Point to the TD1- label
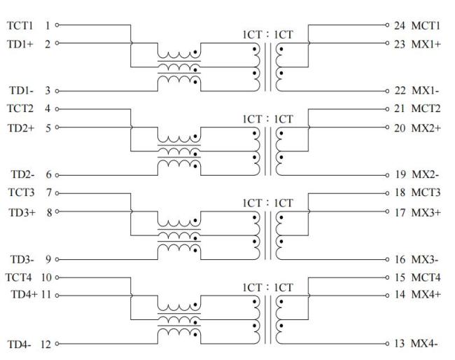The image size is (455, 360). click(x=17, y=90)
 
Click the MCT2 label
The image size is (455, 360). click(x=426, y=109)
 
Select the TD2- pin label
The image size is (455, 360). click(x=17, y=174)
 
